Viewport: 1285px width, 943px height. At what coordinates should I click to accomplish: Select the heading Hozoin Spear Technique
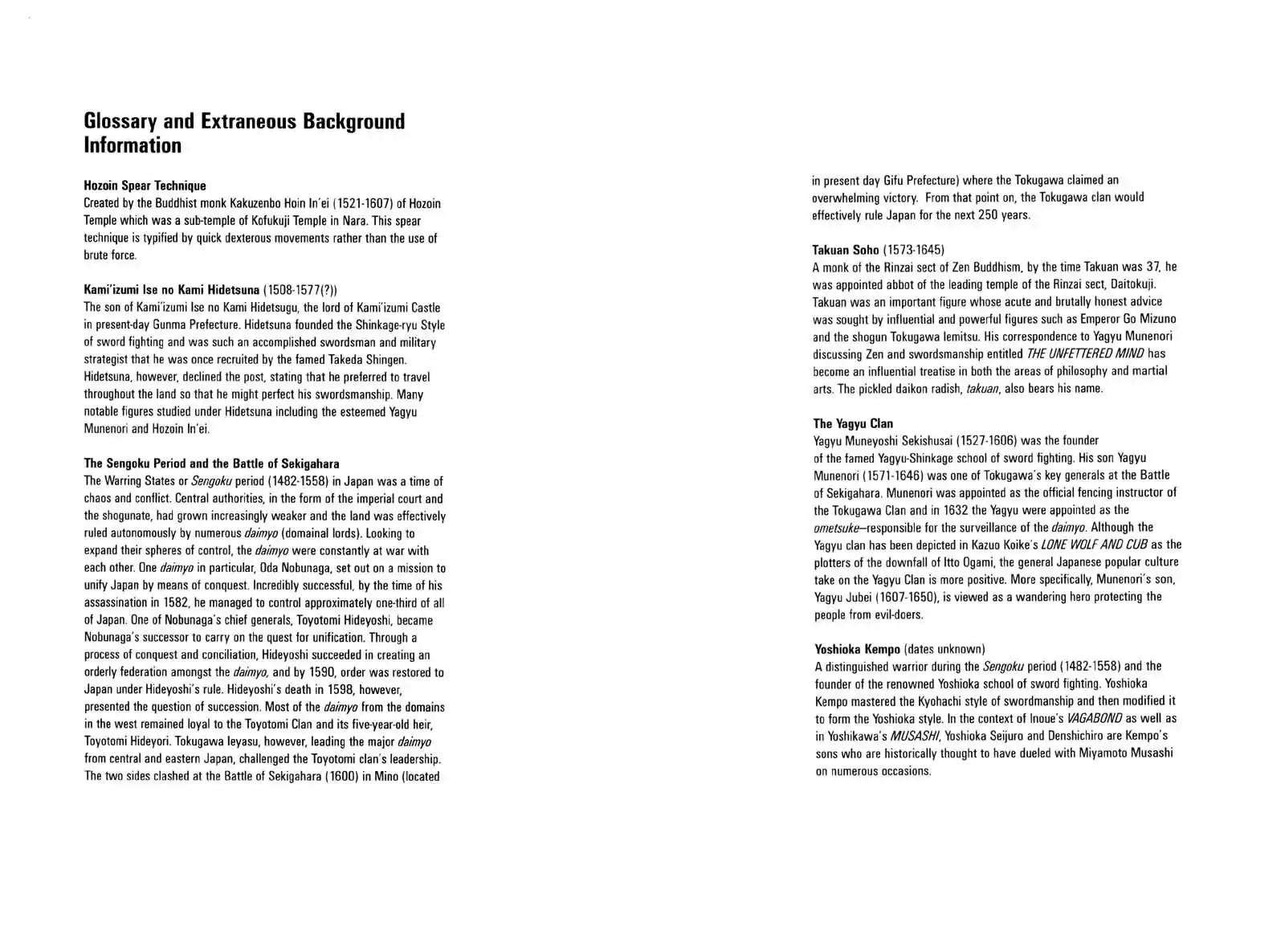145,186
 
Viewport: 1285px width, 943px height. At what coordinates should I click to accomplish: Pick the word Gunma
182,325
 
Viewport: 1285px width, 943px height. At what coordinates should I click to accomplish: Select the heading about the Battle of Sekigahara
211,463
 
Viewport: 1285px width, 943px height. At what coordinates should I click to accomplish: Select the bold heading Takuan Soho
845,250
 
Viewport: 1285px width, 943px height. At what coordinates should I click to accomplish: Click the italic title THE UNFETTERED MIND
1084,353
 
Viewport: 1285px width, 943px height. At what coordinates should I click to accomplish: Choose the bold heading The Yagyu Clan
852,423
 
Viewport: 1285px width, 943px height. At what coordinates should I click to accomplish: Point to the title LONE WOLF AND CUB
1094,545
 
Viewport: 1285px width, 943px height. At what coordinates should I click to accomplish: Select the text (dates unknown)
944,649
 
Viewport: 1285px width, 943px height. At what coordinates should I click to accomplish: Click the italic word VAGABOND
1094,718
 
